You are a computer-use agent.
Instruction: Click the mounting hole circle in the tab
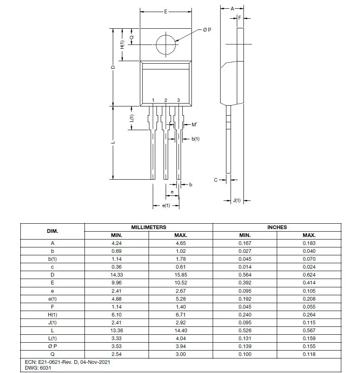click(166, 44)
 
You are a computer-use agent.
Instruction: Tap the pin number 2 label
click(166, 100)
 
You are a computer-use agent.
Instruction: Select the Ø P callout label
click(207, 30)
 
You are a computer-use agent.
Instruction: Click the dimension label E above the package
click(165, 12)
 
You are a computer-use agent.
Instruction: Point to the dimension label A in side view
click(232, 8)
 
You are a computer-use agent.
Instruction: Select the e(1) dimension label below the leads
click(165, 205)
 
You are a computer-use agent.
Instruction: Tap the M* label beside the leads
click(194, 124)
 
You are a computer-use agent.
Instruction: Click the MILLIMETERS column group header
click(149, 227)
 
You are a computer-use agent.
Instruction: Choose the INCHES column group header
click(277, 227)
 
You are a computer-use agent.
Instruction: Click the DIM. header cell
click(52, 231)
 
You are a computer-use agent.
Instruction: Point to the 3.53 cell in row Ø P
click(117, 346)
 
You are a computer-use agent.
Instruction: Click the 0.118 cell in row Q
click(309, 354)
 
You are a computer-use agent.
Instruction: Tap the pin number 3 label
click(179, 100)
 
